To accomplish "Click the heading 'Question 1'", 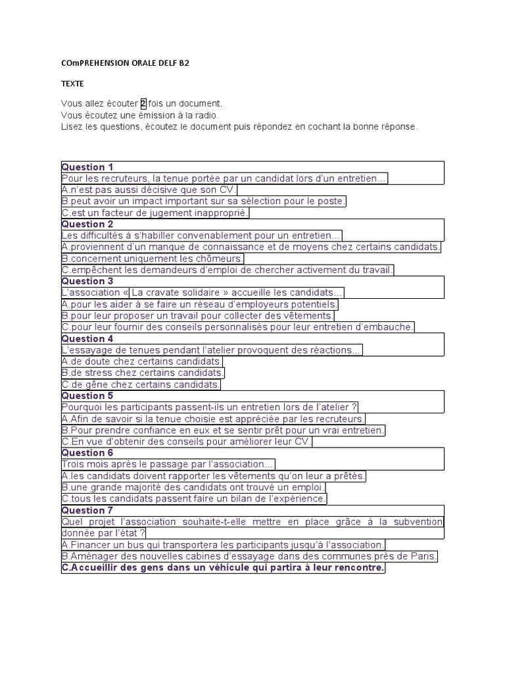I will (87, 167).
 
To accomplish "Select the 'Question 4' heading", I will (87, 339).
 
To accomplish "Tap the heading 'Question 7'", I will (87, 511).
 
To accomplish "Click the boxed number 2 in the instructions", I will (143, 104).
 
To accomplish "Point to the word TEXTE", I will (73, 84).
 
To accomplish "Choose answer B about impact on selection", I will (204, 201).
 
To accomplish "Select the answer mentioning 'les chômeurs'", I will (153, 259).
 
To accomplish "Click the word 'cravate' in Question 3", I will (173, 293).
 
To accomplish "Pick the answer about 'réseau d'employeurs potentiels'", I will (200, 305).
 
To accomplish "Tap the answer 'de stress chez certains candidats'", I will (143, 373).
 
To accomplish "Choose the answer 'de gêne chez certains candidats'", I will (141, 384).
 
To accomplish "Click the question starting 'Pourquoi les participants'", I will (210, 407).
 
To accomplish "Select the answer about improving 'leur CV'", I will (187, 442).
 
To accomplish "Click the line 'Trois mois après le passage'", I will (168, 465).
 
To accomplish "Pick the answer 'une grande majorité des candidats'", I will (193, 488).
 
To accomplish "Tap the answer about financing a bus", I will (224, 545).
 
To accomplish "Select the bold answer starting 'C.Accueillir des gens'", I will (223, 567).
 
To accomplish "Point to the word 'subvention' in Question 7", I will (418, 522).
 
